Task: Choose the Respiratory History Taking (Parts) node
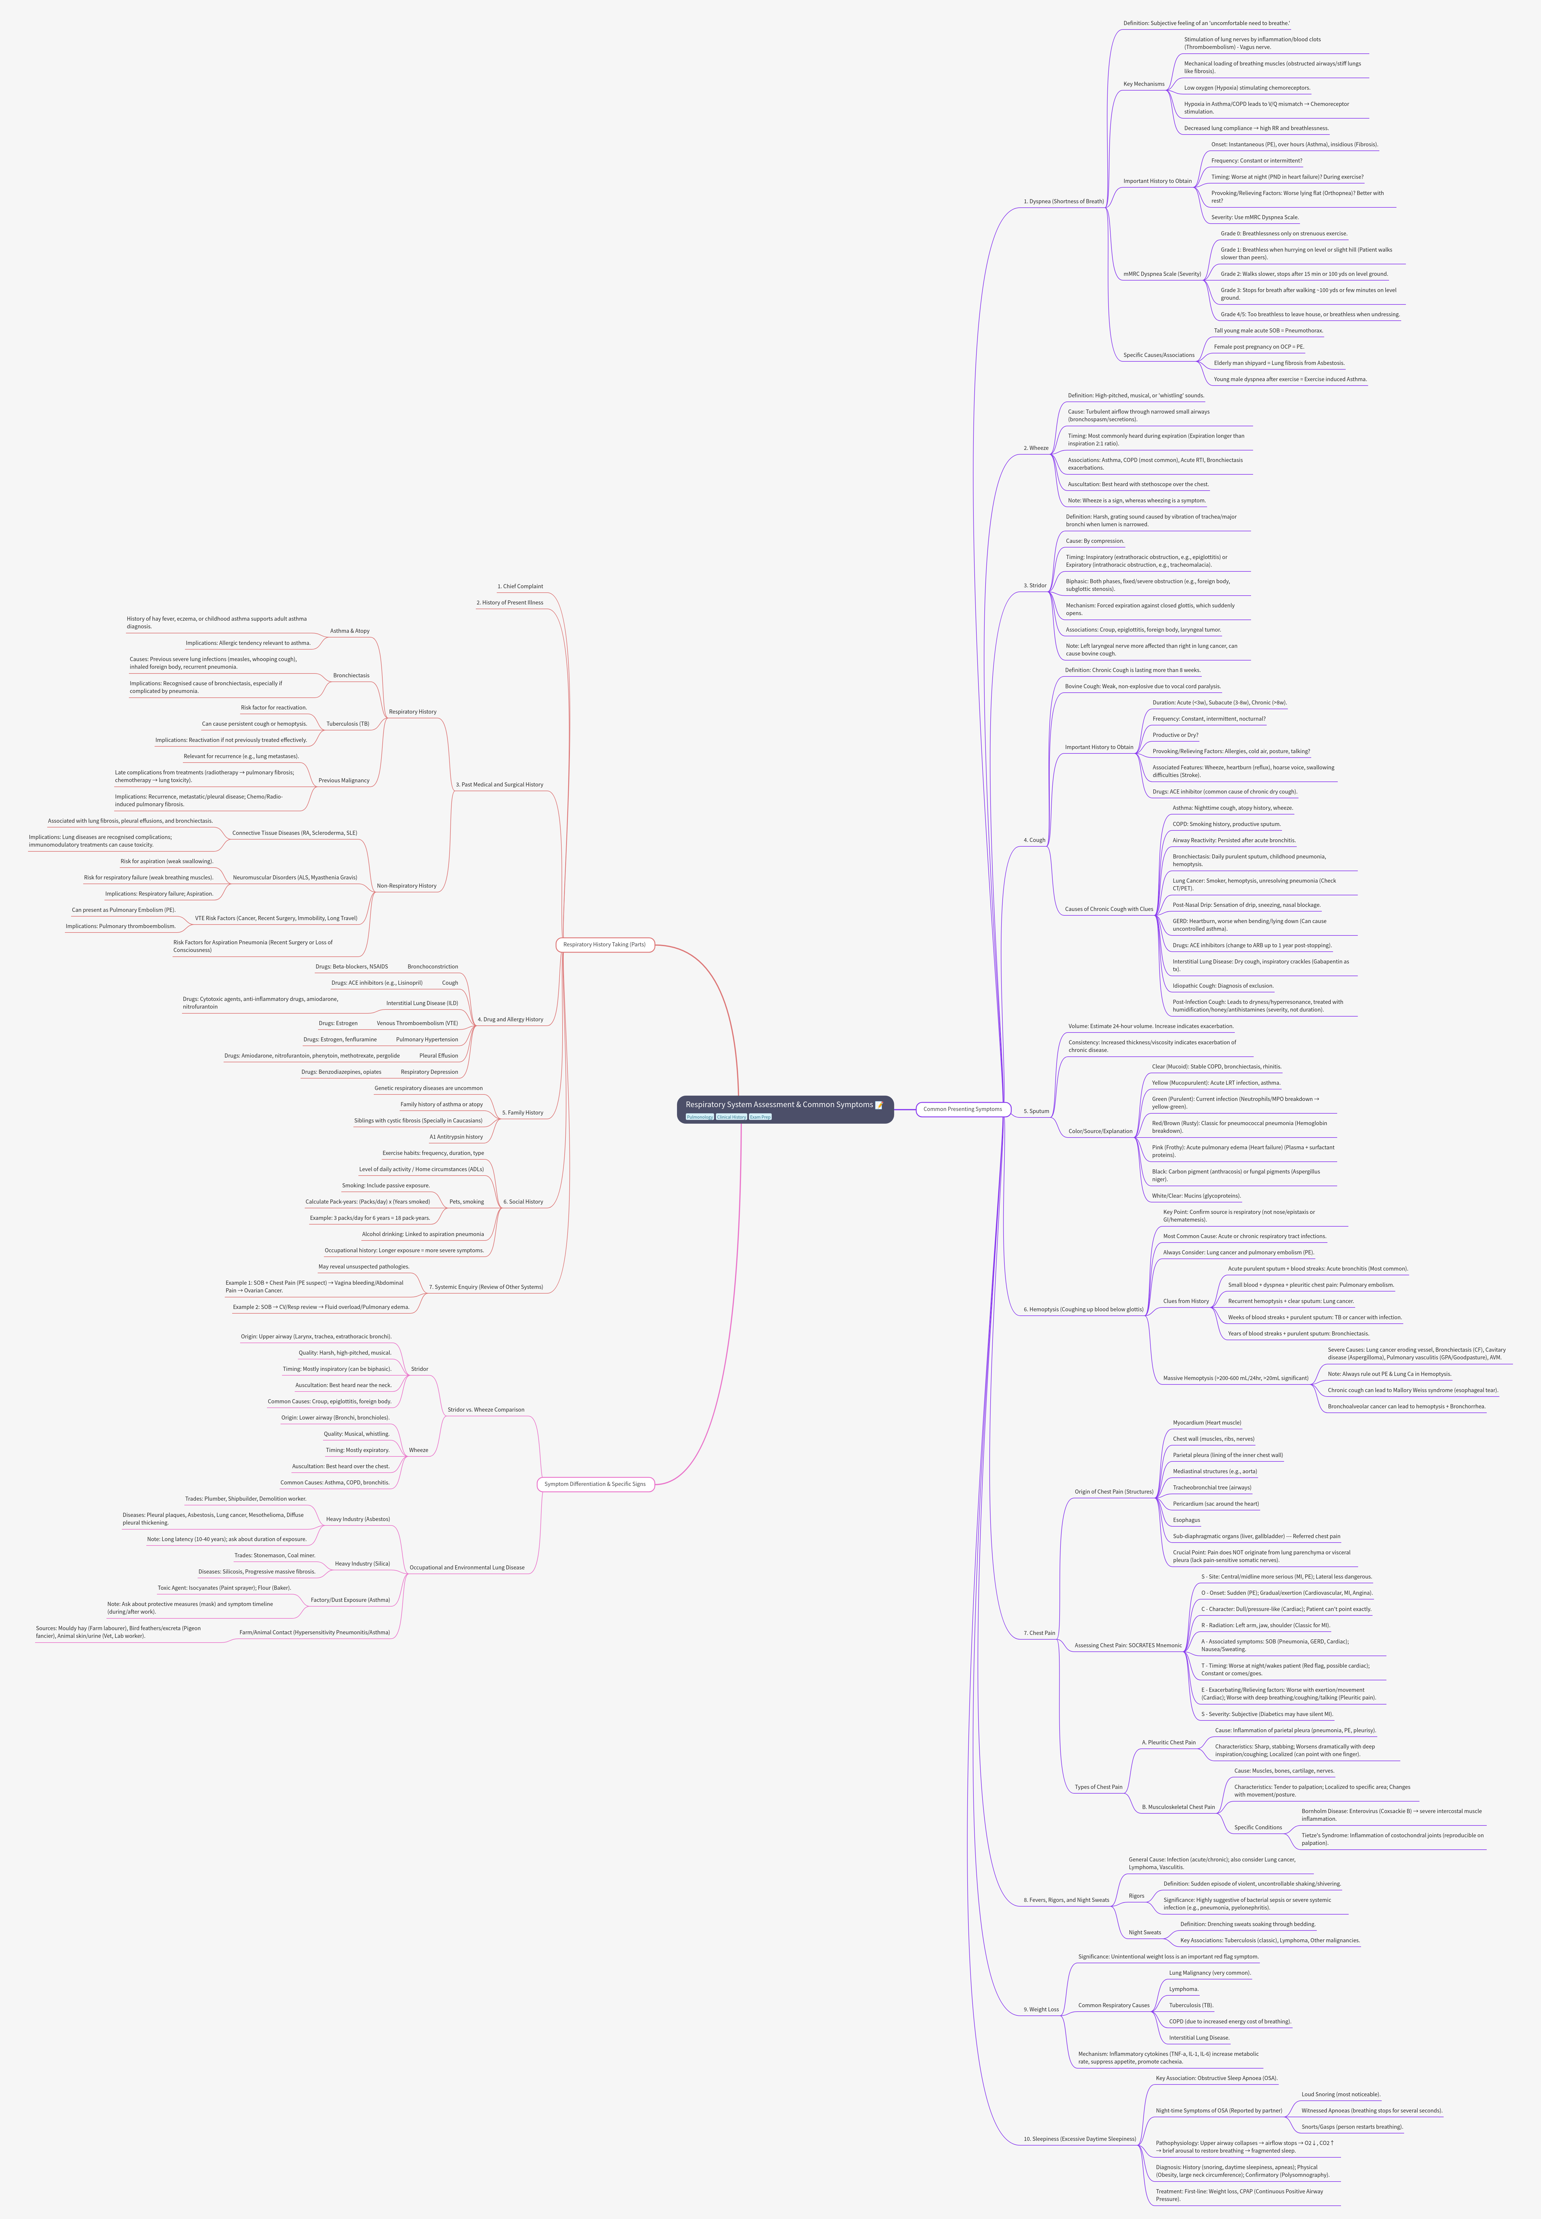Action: [604, 944]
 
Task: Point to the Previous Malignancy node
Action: [344, 780]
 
